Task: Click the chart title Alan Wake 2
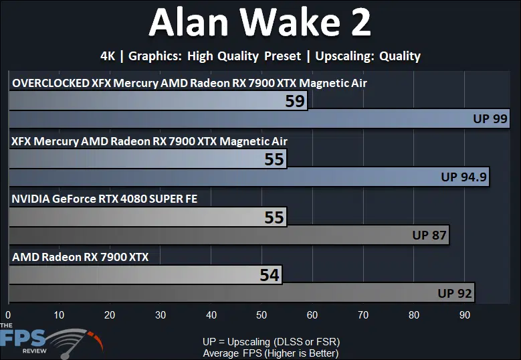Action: coord(260,22)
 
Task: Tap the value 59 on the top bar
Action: coord(295,101)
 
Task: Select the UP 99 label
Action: coord(490,118)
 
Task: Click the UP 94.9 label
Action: coord(463,177)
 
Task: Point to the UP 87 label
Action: coord(429,235)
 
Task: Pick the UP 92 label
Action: coord(455,293)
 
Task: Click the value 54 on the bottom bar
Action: coord(269,275)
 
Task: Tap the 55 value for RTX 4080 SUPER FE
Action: coord(274,217)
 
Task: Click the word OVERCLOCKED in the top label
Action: coord(51,83)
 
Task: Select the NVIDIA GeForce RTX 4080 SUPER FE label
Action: coord(104,199)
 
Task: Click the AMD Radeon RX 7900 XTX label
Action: coord(80,257)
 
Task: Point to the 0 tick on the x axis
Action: coord(8,314)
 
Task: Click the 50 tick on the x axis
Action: coord(262,314)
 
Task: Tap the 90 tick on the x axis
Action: coord(465,314)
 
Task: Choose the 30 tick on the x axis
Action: coord(160,314)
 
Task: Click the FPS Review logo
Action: coord(50,341)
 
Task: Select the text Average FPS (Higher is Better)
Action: coord(271,353)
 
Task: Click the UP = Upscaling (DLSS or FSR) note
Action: coord(271,342)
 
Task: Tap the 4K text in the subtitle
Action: coord(108,56)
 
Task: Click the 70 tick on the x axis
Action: coord(363,314)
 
